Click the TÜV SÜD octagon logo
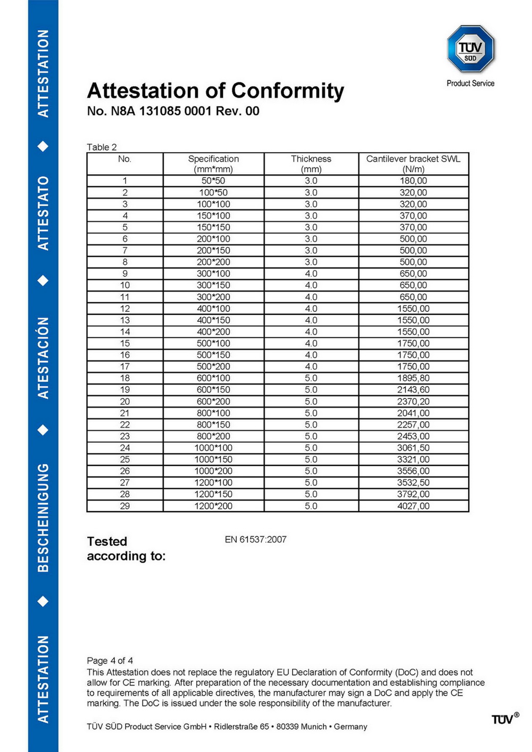(x=470, y=49)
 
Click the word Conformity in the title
(x=287, y=91)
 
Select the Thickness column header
(x=311, y=164)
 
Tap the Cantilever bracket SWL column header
(x=413, y=164)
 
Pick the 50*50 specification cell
(x=213, y=181)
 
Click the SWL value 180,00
(x=413, y=181)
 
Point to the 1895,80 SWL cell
(x=413, y=378)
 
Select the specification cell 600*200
(x=213, y=402)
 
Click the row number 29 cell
(x=124, y=506)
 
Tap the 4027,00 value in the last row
(x=413, y=506)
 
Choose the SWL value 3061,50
(x=413, y=448)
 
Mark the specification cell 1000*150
(x=213, y=459)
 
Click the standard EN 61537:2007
(x=255, y=539)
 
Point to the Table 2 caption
(x=102, y=147)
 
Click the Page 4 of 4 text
(x=110, y=661)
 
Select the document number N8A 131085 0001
(x=161, y=111)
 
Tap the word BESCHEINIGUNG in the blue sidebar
(x=43, y=517)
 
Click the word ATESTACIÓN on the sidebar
(x=43, y=358)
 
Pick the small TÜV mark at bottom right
(x=503, y=720)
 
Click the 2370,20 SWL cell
(x=413, y=402)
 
